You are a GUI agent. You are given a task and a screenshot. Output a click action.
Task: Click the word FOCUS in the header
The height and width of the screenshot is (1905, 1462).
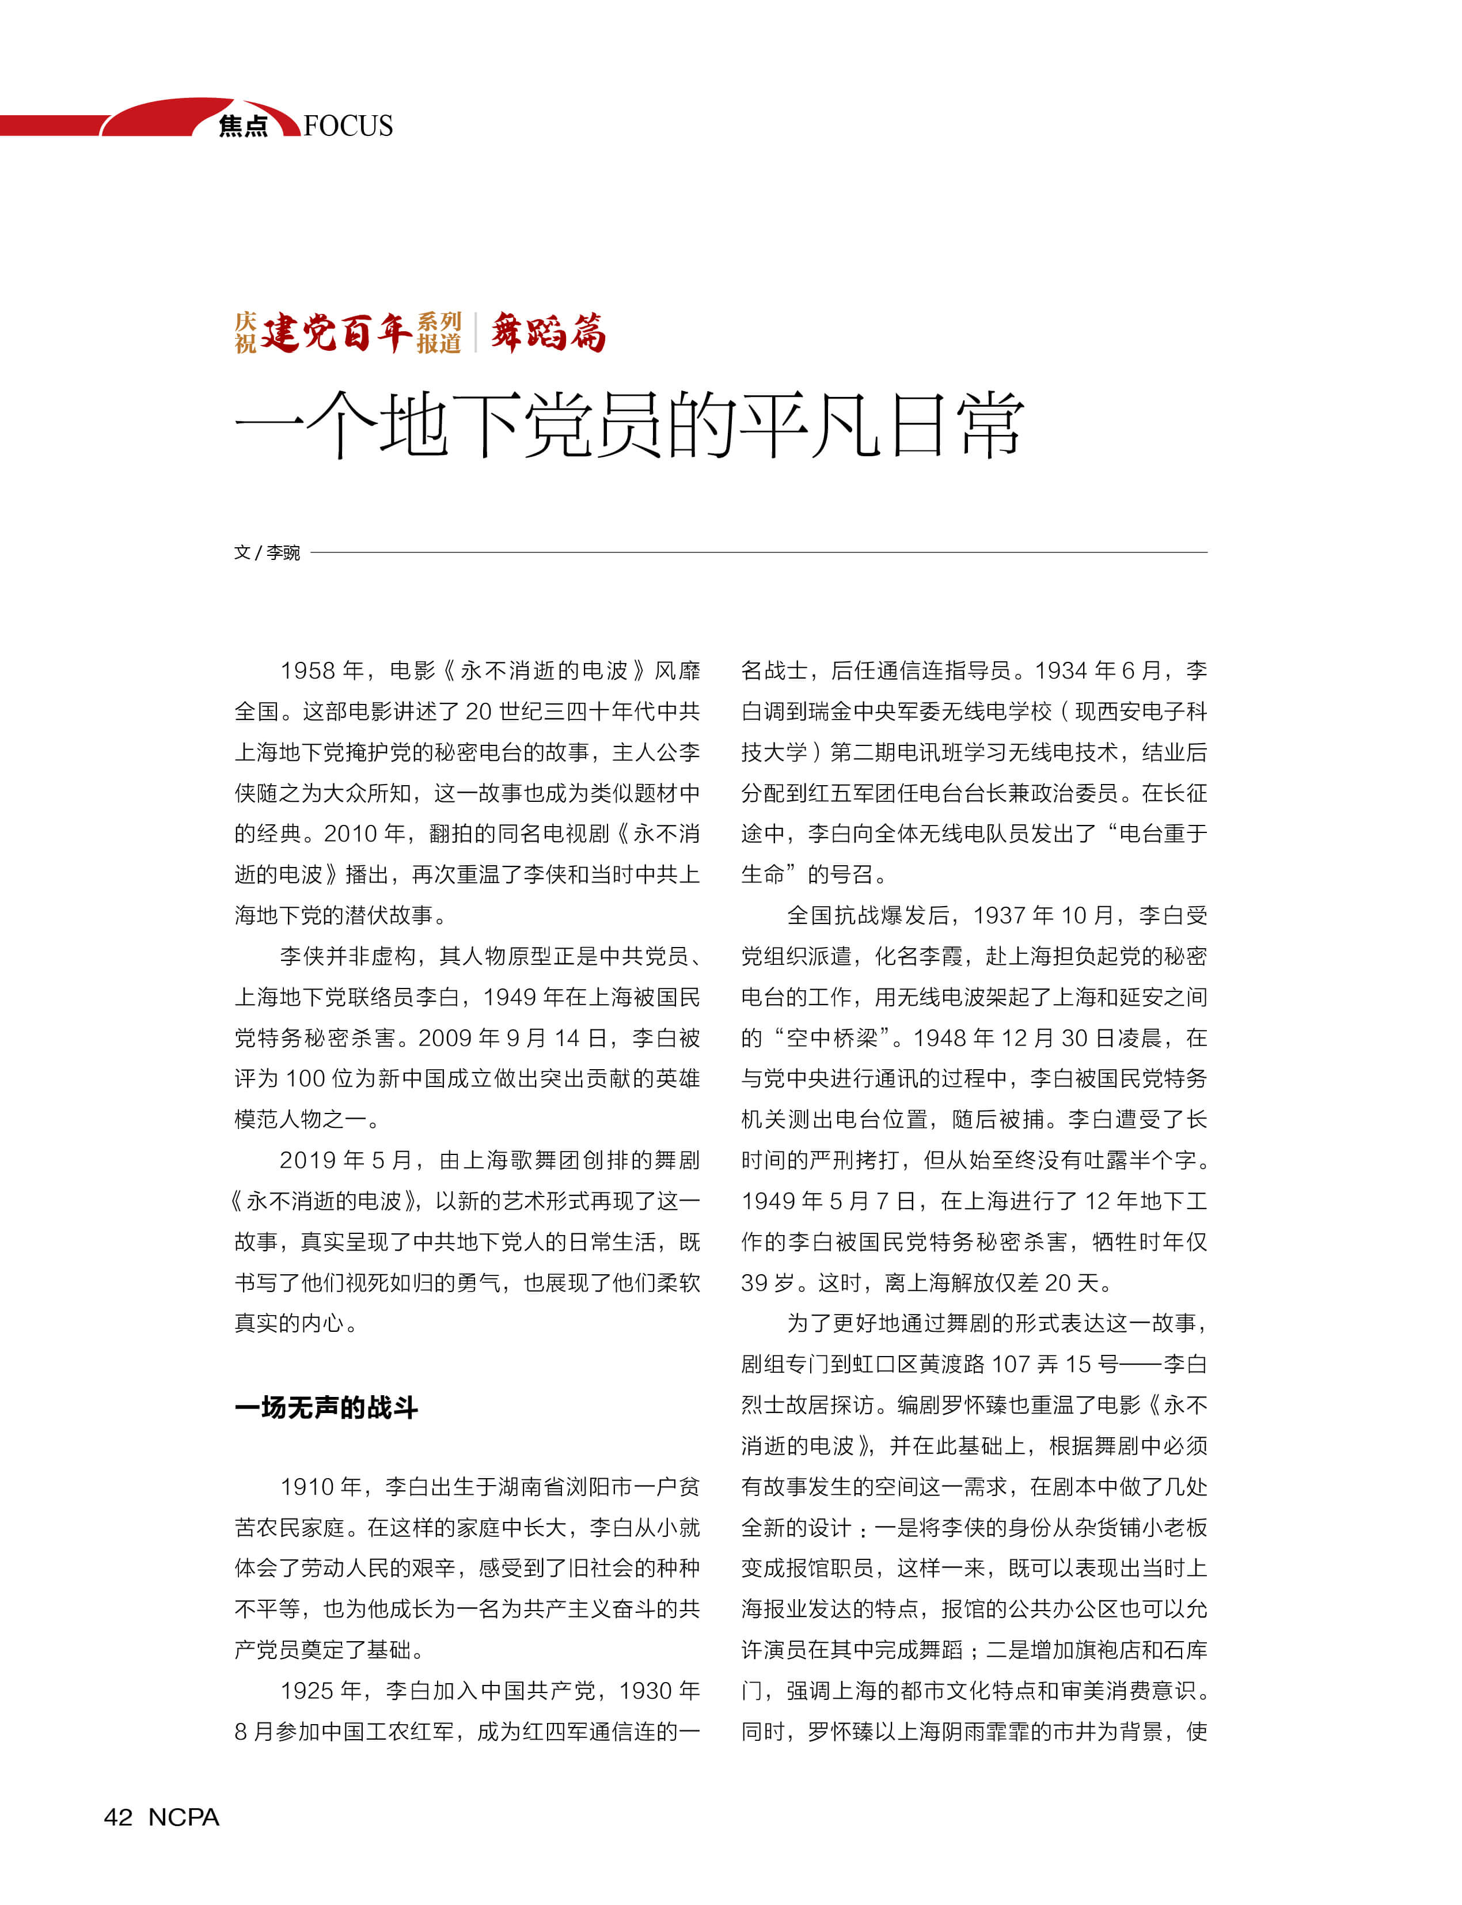tap(348, 126)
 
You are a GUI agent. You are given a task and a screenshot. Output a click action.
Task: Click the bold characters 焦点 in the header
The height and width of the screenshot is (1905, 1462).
tap(244, 126)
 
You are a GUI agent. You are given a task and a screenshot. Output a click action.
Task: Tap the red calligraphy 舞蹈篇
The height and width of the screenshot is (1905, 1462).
tap(548, 332)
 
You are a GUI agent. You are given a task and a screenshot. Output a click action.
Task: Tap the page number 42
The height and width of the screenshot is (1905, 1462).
tap(119, 1817)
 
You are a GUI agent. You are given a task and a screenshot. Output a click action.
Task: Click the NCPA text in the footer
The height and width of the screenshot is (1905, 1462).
tap(184, 1817)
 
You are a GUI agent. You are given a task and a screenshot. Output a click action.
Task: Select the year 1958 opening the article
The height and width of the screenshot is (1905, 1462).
tap(307, 671)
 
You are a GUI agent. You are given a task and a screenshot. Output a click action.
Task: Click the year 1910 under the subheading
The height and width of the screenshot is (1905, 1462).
tap(307, 1487)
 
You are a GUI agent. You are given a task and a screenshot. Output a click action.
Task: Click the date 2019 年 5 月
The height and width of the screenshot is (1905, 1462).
tap(344, 1161)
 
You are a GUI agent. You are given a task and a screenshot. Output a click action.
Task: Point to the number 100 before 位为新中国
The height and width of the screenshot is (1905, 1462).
tap(305, 1079)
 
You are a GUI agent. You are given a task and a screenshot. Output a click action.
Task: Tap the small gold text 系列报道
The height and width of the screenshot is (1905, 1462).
tap(439, 332)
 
